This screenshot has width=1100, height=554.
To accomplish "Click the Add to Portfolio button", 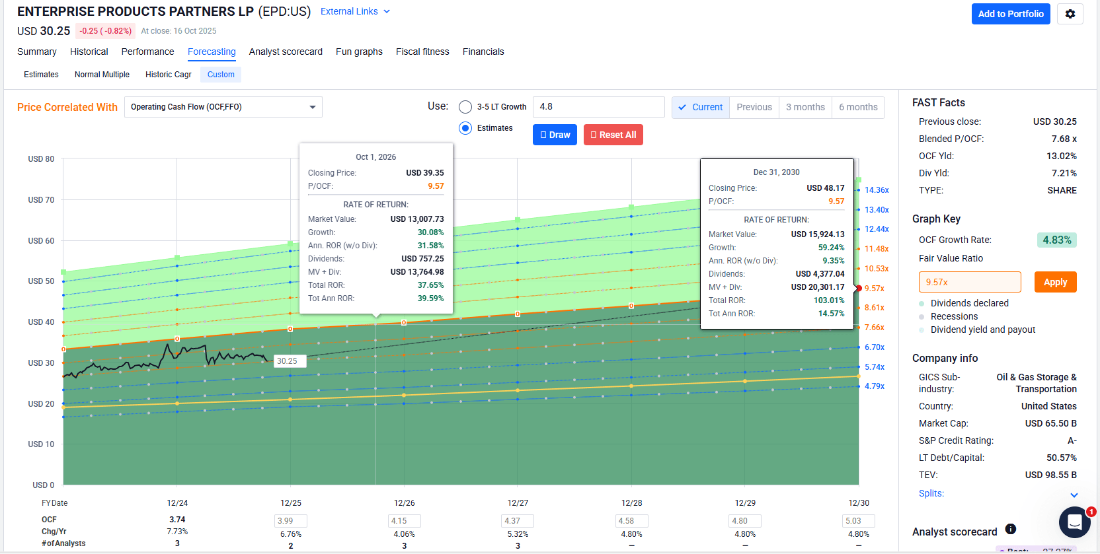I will (1010, 14).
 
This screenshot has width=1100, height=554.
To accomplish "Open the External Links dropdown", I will (355, 11).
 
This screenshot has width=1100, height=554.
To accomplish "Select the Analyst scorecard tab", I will (286, 52).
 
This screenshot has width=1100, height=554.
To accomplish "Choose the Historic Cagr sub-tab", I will (168, 75).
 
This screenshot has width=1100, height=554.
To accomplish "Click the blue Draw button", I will (555, 135).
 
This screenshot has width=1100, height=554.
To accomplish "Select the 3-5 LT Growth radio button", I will (465, 107).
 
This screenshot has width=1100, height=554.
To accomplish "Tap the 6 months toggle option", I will (857, 107).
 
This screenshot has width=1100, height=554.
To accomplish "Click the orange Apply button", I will (1055, 282).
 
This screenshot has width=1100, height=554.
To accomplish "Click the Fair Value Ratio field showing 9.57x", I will (969, 282).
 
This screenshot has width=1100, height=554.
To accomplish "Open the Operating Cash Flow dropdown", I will (223, 107).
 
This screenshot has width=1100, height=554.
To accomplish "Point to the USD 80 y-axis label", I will (41, 159).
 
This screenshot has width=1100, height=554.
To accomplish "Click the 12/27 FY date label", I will (518, 503).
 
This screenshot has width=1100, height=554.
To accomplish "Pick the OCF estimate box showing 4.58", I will (631, 521).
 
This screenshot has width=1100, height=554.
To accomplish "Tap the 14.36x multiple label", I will (877, 190).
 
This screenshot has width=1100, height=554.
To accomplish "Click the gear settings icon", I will (1070, 14).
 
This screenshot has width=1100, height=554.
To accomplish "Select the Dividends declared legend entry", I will (969, 303).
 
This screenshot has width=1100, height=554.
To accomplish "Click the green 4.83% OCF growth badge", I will (1056, 240).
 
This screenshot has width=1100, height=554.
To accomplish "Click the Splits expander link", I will (931, 493).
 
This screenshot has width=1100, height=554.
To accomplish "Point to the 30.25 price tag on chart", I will (288, 361).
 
